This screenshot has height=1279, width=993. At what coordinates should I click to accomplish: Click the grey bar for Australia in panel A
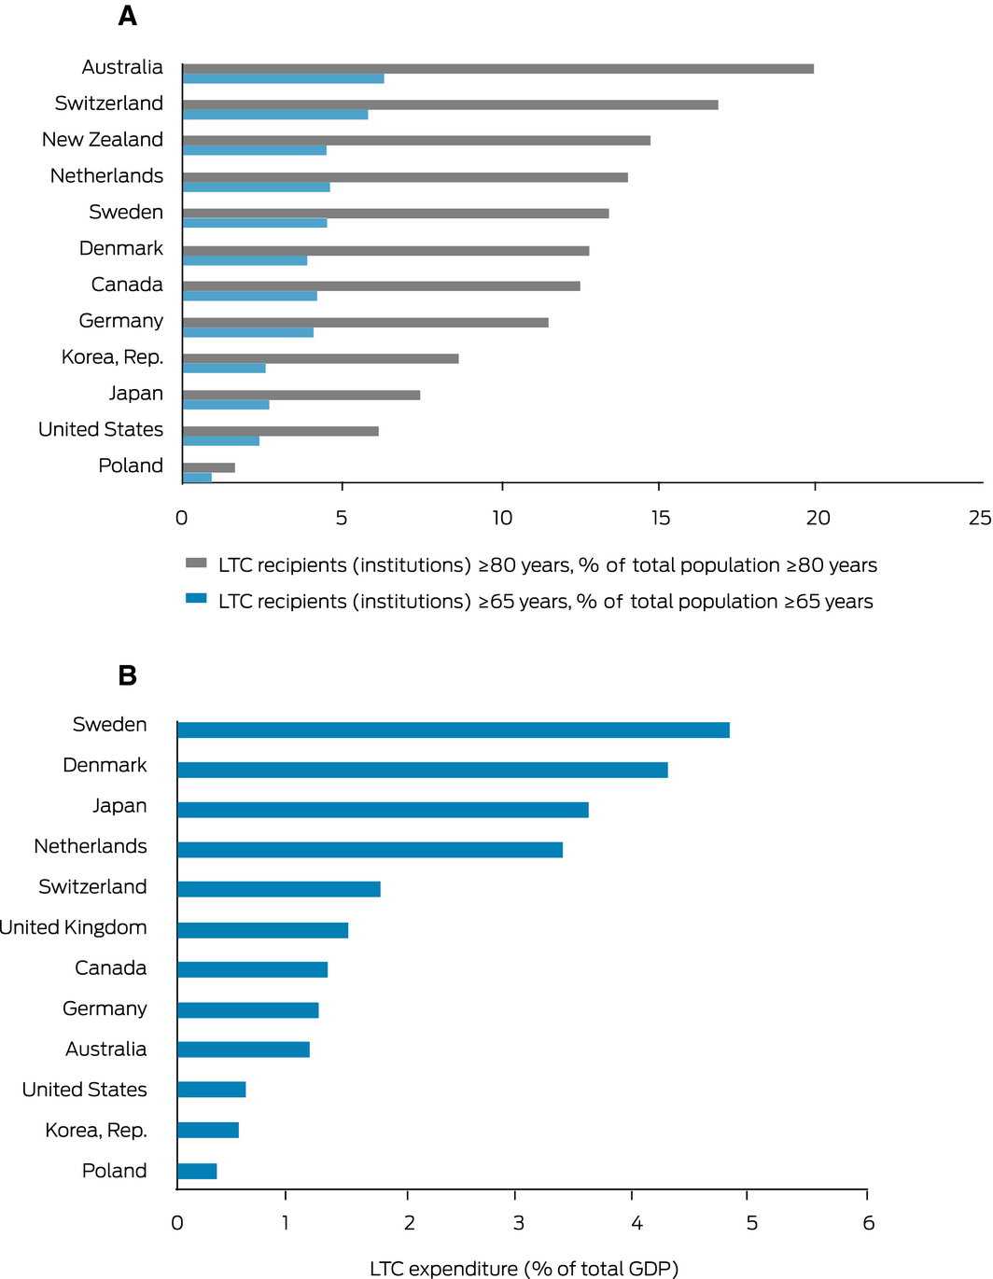[x=498, y=68]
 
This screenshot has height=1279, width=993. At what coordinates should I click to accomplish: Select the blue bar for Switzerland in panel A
[x=275, y=115]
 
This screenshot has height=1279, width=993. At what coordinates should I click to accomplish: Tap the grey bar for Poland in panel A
[x=209, y=467]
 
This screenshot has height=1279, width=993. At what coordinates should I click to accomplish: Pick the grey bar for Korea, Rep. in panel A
[x=320, y=358]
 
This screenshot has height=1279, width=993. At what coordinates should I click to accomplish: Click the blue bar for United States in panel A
[x=221, y=440]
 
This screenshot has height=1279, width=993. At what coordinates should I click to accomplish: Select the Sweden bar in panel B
[x=454, y=730]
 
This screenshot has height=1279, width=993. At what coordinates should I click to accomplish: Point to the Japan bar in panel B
[x=383, y=810]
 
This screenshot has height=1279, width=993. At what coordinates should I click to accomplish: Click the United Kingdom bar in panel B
[x=262, y=930]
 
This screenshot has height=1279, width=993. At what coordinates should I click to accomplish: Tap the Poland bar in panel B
[x=197, y=1171]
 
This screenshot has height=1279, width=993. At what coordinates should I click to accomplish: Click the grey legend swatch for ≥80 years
[x=196, y=563]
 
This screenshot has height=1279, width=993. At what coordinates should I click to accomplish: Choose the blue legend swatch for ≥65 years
[x=196, y=598]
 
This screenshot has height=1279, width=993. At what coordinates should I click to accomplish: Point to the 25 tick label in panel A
[x=980, y=518]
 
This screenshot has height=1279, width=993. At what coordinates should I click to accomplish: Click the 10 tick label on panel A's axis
[x=502, y=518]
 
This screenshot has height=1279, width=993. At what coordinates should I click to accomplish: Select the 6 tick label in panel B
[x=868, y=1222]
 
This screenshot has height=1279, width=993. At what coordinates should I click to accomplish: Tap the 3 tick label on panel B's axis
[x=518, y=1222]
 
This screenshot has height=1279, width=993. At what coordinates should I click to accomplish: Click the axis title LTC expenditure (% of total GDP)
[x=524, y=1268]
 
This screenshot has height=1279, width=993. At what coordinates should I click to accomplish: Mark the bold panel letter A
[x=128, y=16]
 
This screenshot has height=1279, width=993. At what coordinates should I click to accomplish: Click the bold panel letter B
[x=128, y=675]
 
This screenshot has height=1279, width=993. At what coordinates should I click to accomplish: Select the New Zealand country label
[x=103, y=139]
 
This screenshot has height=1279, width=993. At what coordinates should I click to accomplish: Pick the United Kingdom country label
[x=74, y=927]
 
